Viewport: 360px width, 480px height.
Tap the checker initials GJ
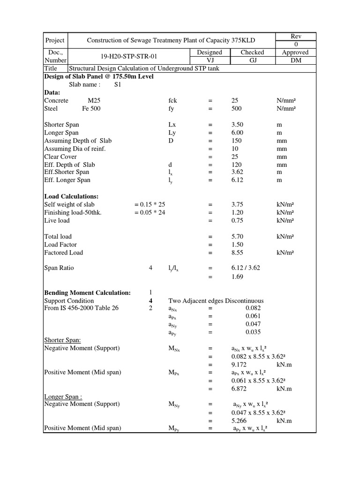252,60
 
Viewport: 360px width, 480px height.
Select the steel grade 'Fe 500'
91,108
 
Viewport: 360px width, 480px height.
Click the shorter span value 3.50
238,125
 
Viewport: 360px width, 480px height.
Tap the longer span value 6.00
238,133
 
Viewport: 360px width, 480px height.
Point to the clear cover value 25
235,157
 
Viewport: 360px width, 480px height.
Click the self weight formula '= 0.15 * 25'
150,204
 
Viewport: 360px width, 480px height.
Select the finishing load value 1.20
238,212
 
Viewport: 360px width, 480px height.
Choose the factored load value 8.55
238,252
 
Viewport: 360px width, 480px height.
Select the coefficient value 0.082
253,308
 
